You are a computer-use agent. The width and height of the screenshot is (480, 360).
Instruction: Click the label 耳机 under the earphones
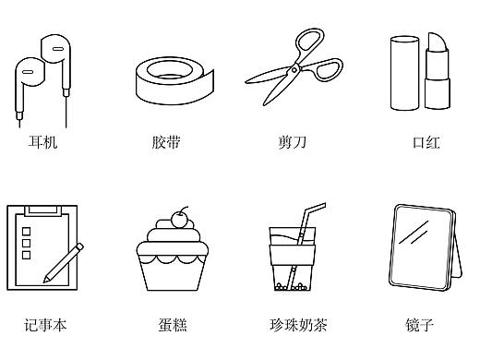42,142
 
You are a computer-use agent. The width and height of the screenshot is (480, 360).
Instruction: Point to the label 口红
426,142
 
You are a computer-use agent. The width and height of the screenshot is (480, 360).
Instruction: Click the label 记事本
45,324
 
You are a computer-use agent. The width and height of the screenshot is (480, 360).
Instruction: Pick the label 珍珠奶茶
298,324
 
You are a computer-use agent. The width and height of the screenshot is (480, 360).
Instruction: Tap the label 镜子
419,324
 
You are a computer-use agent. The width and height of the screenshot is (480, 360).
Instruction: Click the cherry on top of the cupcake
179,220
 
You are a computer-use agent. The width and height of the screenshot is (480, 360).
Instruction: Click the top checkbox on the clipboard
26,229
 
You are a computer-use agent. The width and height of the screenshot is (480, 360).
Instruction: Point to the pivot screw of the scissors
293,68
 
